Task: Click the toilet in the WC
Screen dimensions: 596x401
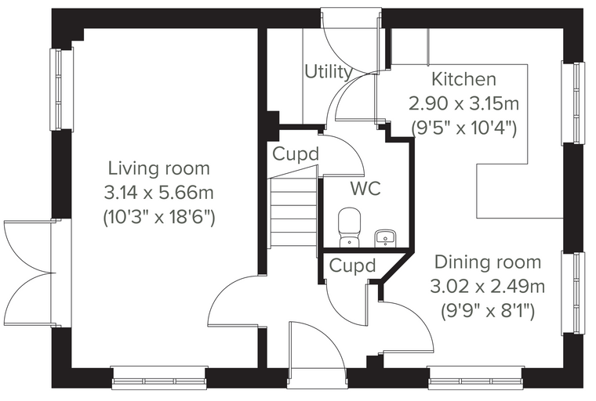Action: pos(349,227)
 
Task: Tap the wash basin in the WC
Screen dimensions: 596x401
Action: pos(385,238)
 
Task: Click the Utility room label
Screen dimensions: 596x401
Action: pos(329,72)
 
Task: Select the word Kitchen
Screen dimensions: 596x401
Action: pos(464,79)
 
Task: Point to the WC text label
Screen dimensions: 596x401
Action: pos(365,188)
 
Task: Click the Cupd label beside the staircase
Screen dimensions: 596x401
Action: pos(296,154)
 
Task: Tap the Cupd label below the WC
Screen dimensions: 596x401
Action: pos(352,266)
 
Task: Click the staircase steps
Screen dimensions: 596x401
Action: pos(294,213)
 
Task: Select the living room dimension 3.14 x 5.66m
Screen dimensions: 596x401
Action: pos(159,193)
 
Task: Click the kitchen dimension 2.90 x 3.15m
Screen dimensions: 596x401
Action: pos(463,103)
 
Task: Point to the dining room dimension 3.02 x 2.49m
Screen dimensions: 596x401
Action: pos(488,287)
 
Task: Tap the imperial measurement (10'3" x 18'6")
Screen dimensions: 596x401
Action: pos(159,218)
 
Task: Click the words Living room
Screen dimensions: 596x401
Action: pos(159,168)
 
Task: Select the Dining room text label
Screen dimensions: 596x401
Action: pos(488,262)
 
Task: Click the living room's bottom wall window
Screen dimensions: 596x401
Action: pos(160,378)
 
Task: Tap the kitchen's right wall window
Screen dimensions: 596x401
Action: pos(573,103)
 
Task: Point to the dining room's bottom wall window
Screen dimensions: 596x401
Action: pos(475,378)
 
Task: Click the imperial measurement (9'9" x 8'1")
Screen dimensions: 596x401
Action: pos(488,312)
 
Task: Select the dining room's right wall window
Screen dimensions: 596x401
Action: pos(573,293)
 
